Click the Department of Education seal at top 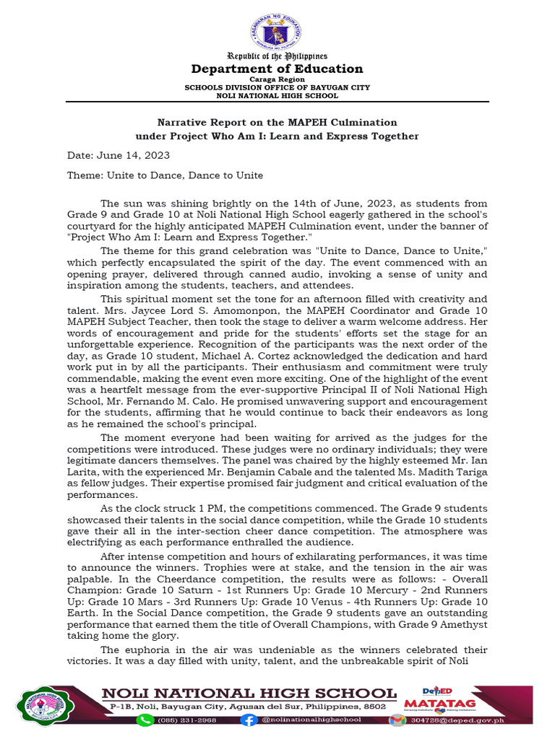[x=277, y=32]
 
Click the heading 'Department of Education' [x=277, y=69]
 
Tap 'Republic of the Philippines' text [x=277, y=56]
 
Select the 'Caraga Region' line [x=277, y=79]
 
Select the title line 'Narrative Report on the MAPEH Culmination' [x=277, y=123]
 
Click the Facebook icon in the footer [x=249, y=720]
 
